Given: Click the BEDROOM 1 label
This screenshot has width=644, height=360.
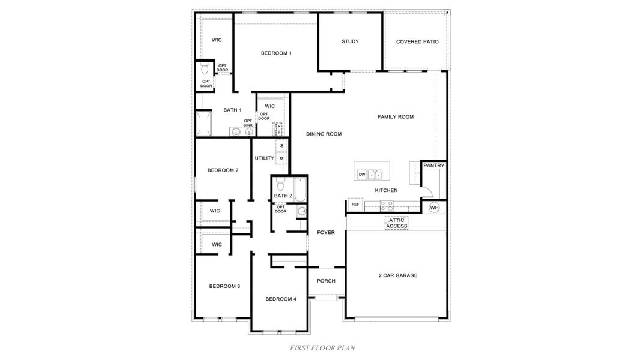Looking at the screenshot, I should pos(276,53).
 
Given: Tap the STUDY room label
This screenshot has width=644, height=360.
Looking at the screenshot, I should pos(350,41).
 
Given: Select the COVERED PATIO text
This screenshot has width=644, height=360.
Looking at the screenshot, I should pos(417,42).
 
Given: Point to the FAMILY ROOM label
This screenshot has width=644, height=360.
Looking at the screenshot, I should pos(395,117).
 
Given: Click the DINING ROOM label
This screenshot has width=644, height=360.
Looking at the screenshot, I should pos(324,134).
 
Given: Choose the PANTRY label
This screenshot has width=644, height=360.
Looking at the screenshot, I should pos(433,165).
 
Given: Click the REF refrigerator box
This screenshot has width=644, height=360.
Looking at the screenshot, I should pos(355,205).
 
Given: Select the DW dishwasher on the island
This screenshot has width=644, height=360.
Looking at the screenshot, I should pos(361,175).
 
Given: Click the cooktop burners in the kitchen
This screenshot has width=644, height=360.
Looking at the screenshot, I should pos(387,205).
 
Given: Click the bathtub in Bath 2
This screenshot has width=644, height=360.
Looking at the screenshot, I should pos(301,188).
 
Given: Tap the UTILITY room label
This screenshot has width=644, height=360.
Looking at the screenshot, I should pos(264,158).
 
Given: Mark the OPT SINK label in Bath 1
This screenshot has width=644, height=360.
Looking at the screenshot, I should pos(248,123).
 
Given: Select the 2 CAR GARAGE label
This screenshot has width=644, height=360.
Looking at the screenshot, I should pos(397,275).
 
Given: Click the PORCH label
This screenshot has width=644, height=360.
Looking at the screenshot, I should pos(326,281).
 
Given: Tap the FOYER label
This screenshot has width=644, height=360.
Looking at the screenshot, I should pos(326,232).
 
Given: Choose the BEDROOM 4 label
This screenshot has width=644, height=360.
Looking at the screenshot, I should pos(281,299).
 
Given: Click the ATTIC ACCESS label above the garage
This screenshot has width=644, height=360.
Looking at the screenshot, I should pos(396,223).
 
